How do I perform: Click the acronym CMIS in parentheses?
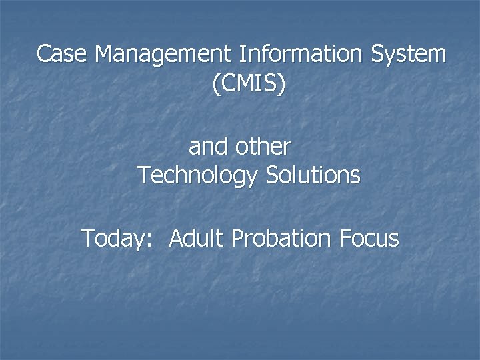point(248,84)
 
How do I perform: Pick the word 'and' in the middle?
point(207,145)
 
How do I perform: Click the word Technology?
point(197,176)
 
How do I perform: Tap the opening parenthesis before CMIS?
point(215,85)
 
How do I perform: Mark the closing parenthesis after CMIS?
point(281,85)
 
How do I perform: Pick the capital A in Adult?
point(177,237)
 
